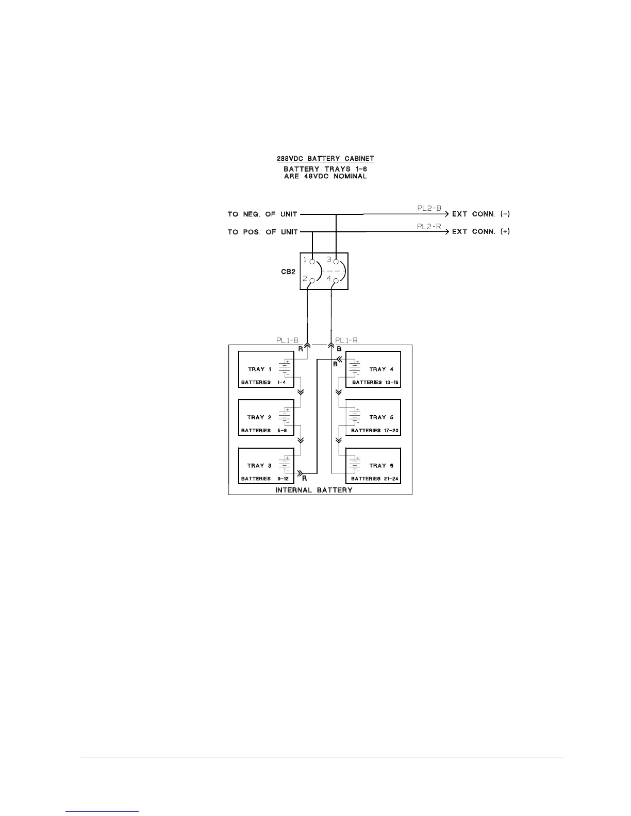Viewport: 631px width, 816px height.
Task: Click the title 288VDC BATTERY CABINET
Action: pos(325,159)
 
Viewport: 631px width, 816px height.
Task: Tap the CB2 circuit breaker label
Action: pos(288,271)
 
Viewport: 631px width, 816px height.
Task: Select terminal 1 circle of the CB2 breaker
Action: pos(312,262)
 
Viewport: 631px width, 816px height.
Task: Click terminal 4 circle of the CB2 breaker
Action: pos(336,281)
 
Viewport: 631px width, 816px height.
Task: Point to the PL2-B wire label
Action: pos(429,208)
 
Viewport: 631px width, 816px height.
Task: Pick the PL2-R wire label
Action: pos(429,226)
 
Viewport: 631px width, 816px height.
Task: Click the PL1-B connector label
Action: pos(287,340)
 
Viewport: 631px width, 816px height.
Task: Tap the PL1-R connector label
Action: pos(346,340)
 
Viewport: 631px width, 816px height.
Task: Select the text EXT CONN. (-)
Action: pos(481,214)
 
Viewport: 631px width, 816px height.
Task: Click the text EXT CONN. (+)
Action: pos(481,232)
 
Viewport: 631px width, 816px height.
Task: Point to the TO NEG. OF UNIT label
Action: pos(262,214)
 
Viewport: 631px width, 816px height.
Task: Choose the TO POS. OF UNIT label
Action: pos(262,232)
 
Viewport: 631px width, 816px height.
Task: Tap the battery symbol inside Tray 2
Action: pos(285,417)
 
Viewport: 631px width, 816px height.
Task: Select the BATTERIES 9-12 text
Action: pos(261,479)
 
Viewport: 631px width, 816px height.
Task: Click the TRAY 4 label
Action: pos(381,369)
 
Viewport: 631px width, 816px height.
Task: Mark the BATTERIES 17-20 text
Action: pos(375,430)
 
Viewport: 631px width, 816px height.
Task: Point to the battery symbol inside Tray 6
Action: pos(355,465)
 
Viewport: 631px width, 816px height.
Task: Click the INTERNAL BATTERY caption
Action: pos(313,490)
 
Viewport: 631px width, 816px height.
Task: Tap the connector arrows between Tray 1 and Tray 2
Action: pos(301,392)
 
